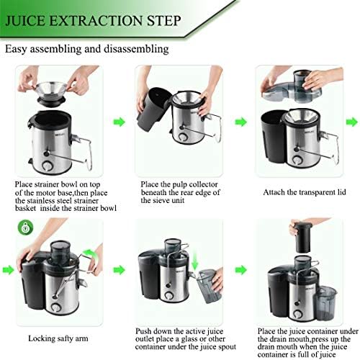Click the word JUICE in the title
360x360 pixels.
coord(25,21)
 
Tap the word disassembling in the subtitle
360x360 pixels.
coord(136,49)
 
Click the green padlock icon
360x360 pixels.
coord(25,228)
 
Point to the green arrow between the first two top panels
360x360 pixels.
coord(120,122)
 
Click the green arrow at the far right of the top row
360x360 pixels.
coord(352,122)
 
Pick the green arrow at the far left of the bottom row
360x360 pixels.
coord(9,270)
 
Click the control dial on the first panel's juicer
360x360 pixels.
coord(48,166)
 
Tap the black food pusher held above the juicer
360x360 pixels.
coord(303,237)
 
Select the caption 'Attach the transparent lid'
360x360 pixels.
coord(305,192)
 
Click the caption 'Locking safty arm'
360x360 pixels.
coord(58,338)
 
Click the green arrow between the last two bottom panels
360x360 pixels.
coord(240,270)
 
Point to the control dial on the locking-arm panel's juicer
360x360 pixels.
coord(56,307)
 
